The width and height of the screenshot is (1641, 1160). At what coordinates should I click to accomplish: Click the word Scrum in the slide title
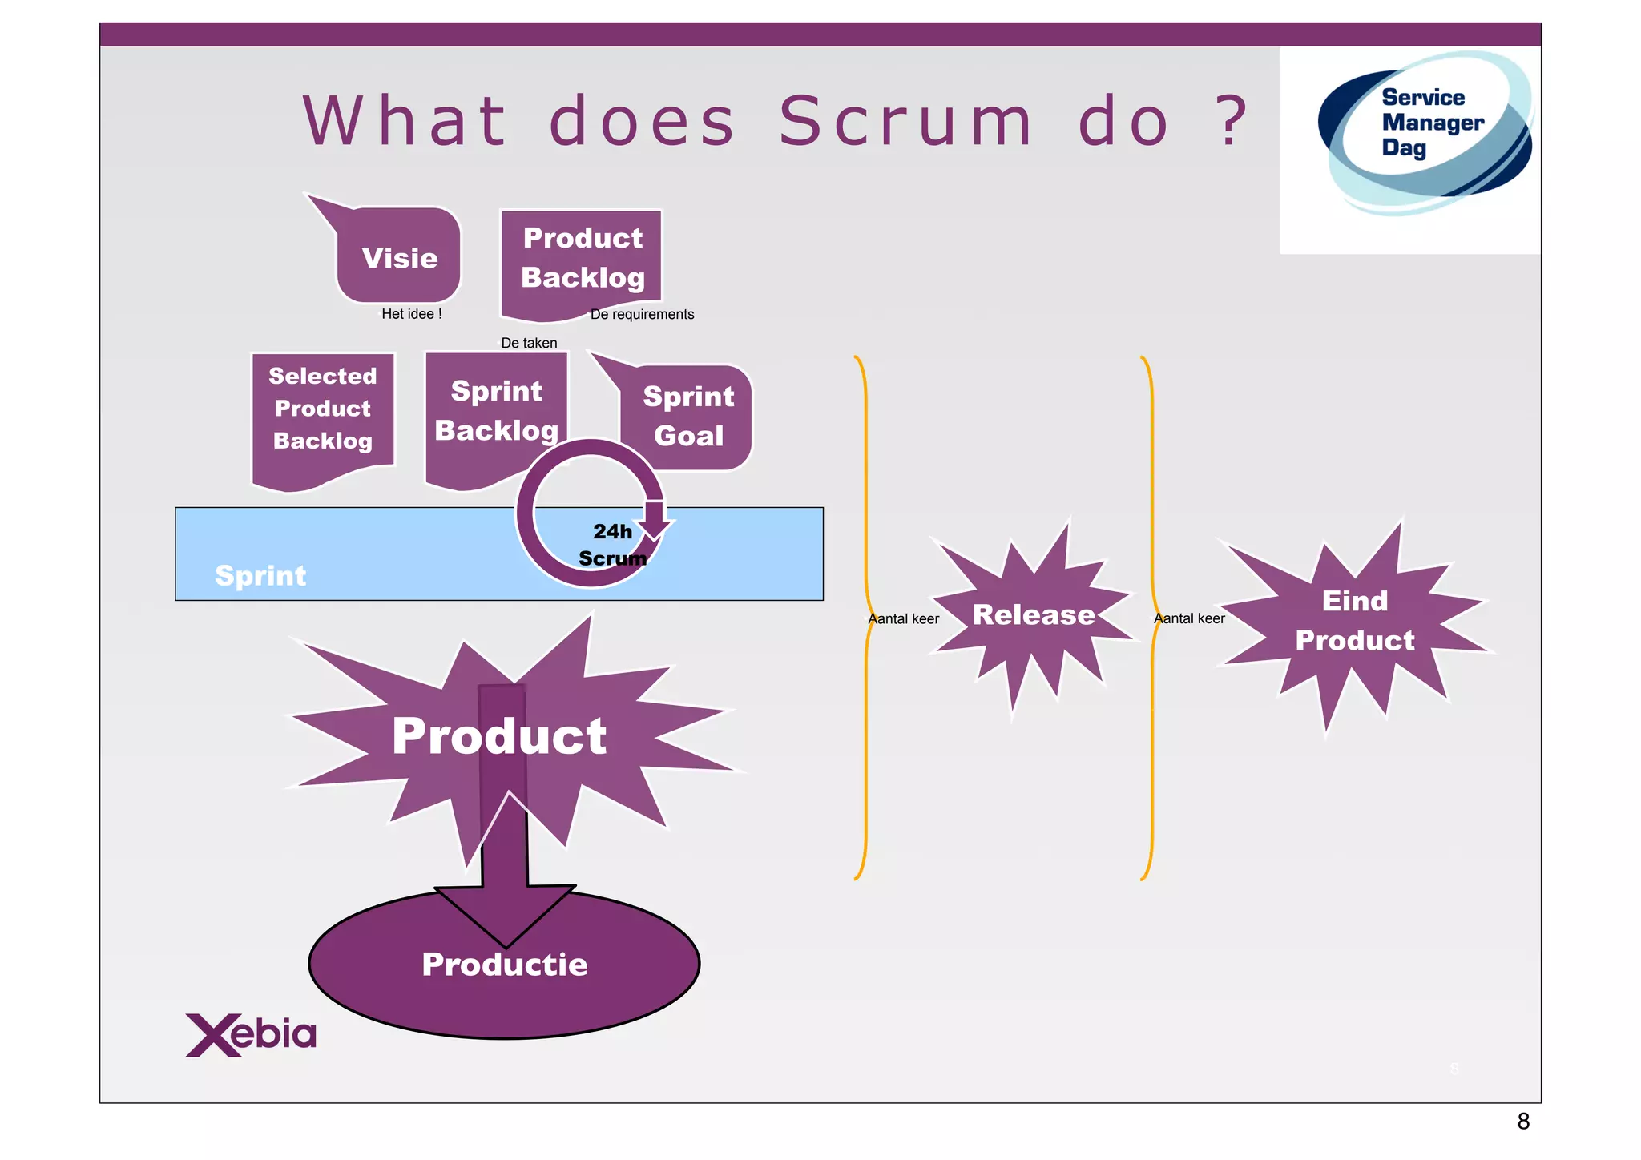pyautogui.click(x=905, y=122)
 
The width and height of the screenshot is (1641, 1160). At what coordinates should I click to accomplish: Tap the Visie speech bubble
pyautogui.click(x=399, y=258)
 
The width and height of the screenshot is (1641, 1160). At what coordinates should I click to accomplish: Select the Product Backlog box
pyautogui.click(x=583, y=258)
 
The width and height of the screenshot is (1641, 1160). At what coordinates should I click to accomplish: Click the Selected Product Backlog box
pyautogui.click(x=323, y=409)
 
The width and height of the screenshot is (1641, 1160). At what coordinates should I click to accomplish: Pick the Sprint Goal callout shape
pyautogui.click(x=688, y=417)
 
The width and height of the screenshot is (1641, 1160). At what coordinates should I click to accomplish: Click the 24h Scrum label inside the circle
pyautogui.click(x=612, y=545)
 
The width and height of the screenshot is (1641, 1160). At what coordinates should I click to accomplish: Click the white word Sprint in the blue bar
pyautogui.click(x=260, y=576)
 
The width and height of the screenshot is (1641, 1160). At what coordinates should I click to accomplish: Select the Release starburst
pyautogui.click(x=1033, y=615)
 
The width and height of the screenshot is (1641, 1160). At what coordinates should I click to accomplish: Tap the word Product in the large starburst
pyautogui.click(x=499, y=736)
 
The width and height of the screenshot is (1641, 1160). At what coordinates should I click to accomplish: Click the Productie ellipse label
pyautogui.click(x=504, y=965)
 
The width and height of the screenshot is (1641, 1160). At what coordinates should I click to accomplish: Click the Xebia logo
pyautogui.click(x=251, y=1035)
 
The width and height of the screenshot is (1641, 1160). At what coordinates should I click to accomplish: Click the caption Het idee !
pyautogui.click(x=411, y=314)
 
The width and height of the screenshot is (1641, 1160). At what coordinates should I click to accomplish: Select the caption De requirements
pyautogui.click(x=642, y=314)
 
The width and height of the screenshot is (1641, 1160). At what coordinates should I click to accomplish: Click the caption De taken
pyautogui.click(x=529, y=343)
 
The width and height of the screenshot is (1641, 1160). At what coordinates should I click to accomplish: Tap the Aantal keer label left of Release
pyautogui.click(x=904, y=618)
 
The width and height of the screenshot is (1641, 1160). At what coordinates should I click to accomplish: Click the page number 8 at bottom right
pyautogui.click(x=1523, y=1122)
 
